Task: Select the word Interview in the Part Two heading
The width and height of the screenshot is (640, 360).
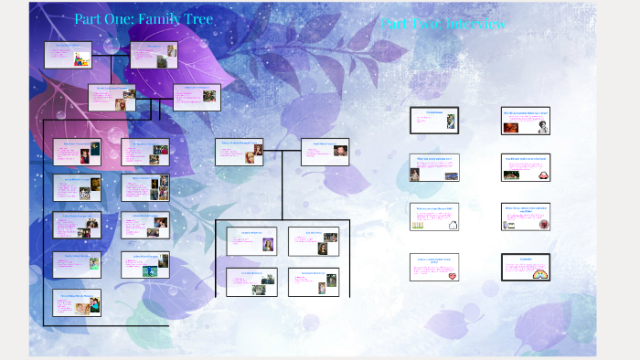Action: pos(475,25)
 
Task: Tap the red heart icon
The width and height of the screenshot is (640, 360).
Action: pos(453,273)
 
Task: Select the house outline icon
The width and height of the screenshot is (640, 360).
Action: pos(453,222)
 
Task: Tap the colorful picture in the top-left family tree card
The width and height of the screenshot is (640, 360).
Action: pos(80,59)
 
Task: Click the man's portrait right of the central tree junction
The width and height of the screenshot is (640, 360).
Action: pos(340,151)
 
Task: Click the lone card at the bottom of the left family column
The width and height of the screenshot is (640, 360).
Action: pos(77,302)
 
